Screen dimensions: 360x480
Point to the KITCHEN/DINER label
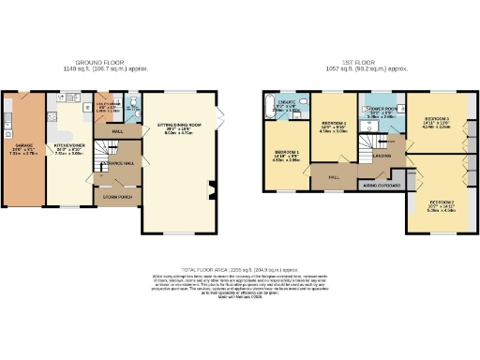coord(69,148)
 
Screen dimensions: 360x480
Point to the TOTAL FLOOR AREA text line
coord(240,269)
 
